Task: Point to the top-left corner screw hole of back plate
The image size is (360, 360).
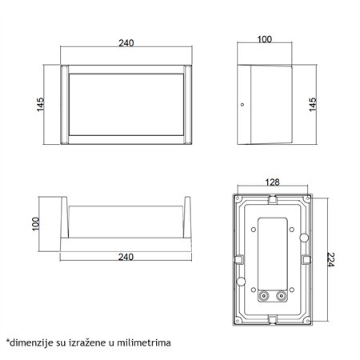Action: tap(238, 197)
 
